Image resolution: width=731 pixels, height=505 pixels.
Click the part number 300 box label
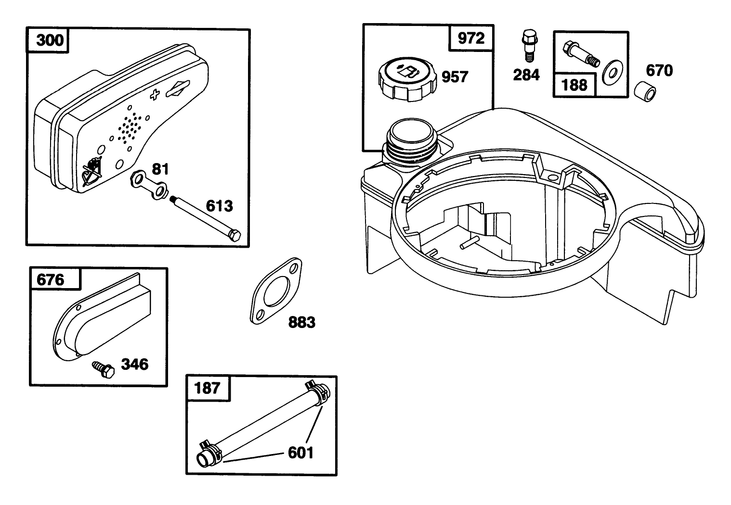tap(50, 40)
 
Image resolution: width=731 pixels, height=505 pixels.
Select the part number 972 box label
tap(471, 38)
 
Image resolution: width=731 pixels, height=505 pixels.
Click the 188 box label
tap(574, 85)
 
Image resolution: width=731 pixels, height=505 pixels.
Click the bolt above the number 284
tap(529, 46)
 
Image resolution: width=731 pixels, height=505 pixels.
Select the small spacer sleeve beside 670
tap(645, 91)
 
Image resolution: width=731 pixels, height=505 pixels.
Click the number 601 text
tap(300, 453)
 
